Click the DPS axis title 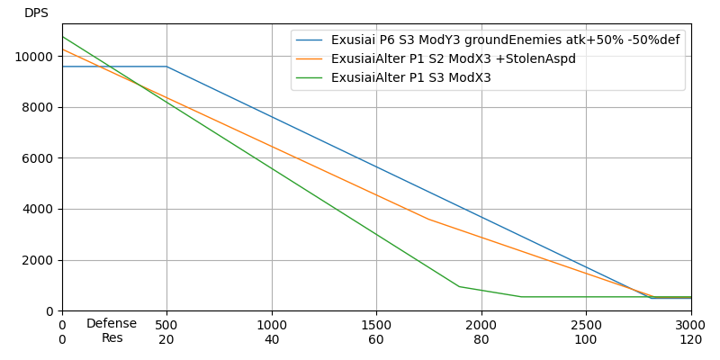pos(36,13)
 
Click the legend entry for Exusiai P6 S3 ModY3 pos(505,40)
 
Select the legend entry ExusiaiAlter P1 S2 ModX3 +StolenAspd pos(453,59)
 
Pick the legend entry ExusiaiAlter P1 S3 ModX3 pos(410,78)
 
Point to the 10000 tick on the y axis pos(37,57)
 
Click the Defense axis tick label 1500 pos(376,325)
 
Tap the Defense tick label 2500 pos(586,325)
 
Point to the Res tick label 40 pos(272,339)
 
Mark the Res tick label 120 pos(690,339)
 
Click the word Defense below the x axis pos(112,324)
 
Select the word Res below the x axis pos(112,338)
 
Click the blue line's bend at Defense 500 pos(166,67)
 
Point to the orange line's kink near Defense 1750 pos(429,220)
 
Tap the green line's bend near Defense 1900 pos(459,286)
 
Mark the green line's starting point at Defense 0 pos(62,37)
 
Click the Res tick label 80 pos(481,339)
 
